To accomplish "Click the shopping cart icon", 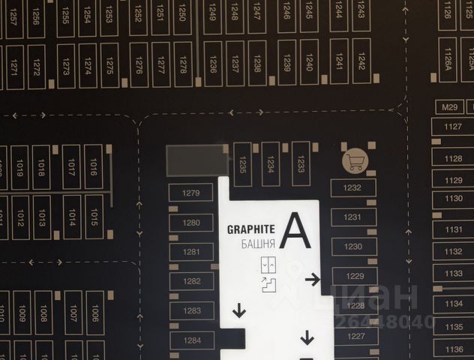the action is (355, 160).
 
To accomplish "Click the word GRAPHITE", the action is (251, 229).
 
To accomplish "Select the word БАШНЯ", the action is (257, 244).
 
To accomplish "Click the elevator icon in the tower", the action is (268, 265).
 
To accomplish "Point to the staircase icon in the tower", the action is (268, 285).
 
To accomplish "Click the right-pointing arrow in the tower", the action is (312, 280).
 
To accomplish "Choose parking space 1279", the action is (191, 193).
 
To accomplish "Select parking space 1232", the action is (352, 187).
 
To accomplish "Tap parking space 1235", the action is (241, 163).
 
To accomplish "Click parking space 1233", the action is (301, 163).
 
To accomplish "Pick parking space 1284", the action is (192, 340).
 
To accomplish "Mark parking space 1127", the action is (452, 127).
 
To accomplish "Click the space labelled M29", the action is (449, 107).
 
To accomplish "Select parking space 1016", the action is (94, 166).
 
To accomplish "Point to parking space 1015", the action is (94, 217).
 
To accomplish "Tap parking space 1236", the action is (214, 64).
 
